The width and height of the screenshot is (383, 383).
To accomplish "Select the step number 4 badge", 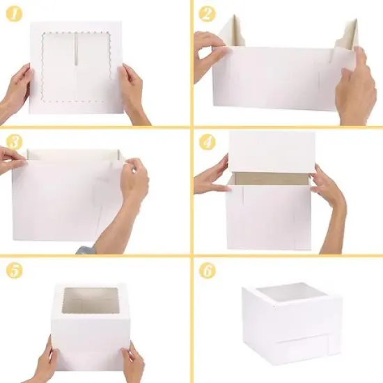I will click(207, 142).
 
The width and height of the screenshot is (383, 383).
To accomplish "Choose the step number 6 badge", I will click(207, 270).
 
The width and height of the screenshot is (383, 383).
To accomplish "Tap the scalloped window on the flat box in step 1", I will click(76, 67).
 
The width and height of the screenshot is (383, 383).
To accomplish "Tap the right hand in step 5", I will click(132, 362).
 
